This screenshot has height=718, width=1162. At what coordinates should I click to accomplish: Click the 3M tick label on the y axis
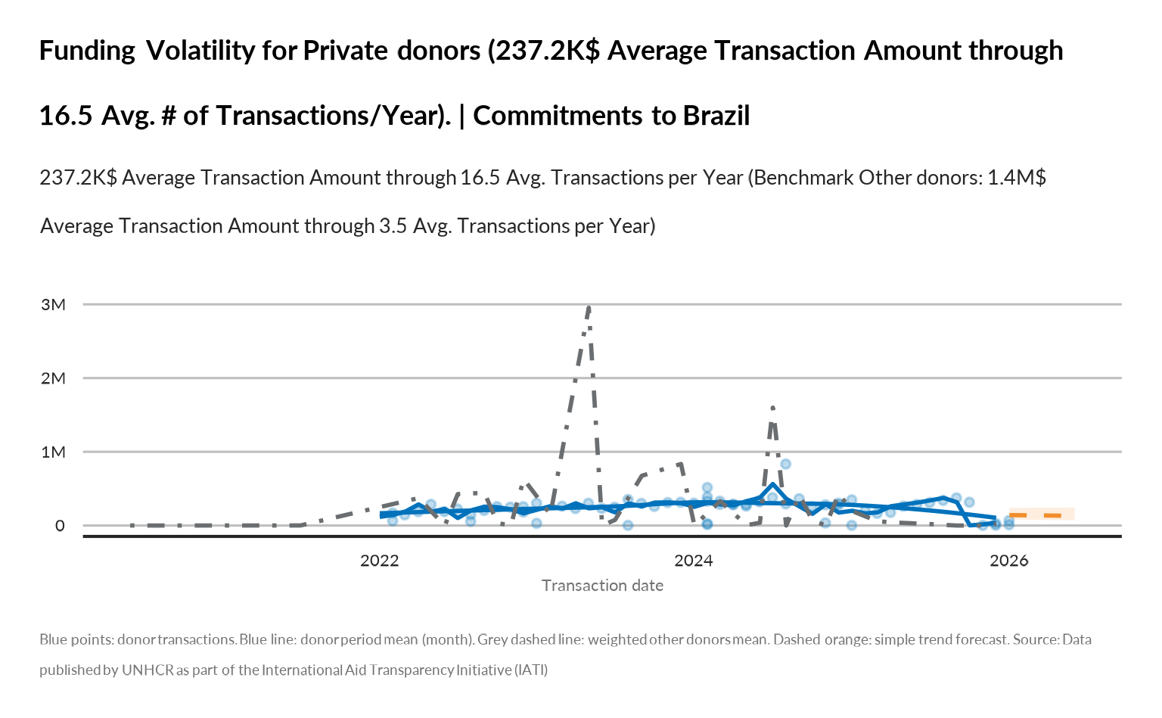click(53, 305)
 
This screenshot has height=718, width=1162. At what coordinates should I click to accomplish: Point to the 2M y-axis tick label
click(53, 378)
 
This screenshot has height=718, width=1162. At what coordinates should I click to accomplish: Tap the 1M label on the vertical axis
click(53, 452)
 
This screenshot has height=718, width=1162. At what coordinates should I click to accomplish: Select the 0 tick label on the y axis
click(60, 526)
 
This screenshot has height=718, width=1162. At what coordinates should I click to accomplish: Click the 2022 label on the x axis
click(379, 561)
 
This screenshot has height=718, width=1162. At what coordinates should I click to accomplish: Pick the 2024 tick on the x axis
click(694, 561)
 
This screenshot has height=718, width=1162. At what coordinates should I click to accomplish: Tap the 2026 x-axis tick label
click(1008, 561)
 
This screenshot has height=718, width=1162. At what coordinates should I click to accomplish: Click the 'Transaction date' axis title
click(602, 586)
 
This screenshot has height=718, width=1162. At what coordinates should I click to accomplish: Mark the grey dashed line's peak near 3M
click(589, 307)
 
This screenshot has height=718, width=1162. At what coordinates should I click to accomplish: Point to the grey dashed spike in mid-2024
click(772, 409)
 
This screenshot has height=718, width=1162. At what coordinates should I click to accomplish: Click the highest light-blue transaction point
click(785, 464)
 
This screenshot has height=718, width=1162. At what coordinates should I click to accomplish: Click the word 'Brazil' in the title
click(716, 116)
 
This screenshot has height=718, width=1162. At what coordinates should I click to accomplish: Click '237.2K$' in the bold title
click(546, 51)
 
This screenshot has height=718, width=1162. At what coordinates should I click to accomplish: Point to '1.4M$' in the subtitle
click(1017, 178)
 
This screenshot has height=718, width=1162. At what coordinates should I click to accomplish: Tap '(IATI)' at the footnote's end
click(531, 670)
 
